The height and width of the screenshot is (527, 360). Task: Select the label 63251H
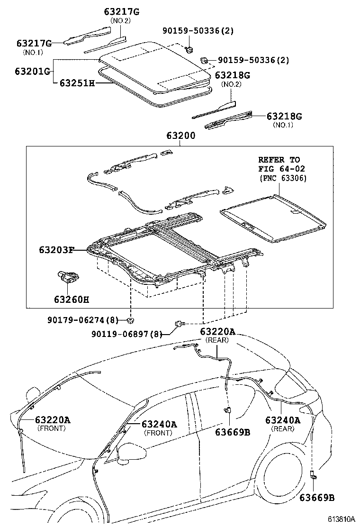77,83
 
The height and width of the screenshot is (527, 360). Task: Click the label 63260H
72,299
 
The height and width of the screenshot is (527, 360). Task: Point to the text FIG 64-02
282,168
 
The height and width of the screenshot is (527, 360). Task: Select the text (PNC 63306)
283,178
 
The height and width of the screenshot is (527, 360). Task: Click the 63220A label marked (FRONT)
52,419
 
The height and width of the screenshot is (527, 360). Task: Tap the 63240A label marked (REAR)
283,420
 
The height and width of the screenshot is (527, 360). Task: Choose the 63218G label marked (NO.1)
284,116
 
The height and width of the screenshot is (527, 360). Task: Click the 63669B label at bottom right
317,498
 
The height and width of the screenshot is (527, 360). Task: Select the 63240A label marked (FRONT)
159,424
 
